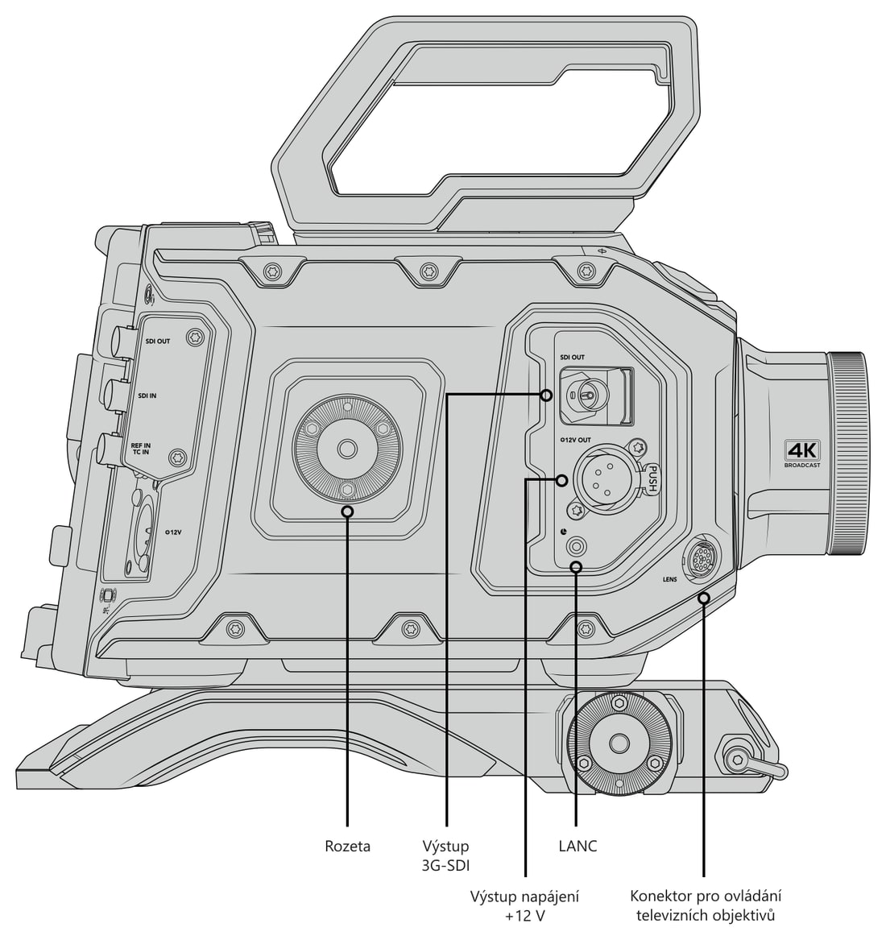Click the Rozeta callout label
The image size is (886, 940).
tap(347, 847)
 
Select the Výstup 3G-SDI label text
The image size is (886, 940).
tap(445, 855)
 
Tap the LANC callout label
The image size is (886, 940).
tap(578, 847)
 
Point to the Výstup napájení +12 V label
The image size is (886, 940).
tap(524, 906)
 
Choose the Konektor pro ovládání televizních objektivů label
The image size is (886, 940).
tap(706, 906)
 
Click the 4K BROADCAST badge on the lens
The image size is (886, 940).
tap(803, 454)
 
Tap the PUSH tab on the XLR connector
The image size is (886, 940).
tap(654, 479)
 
